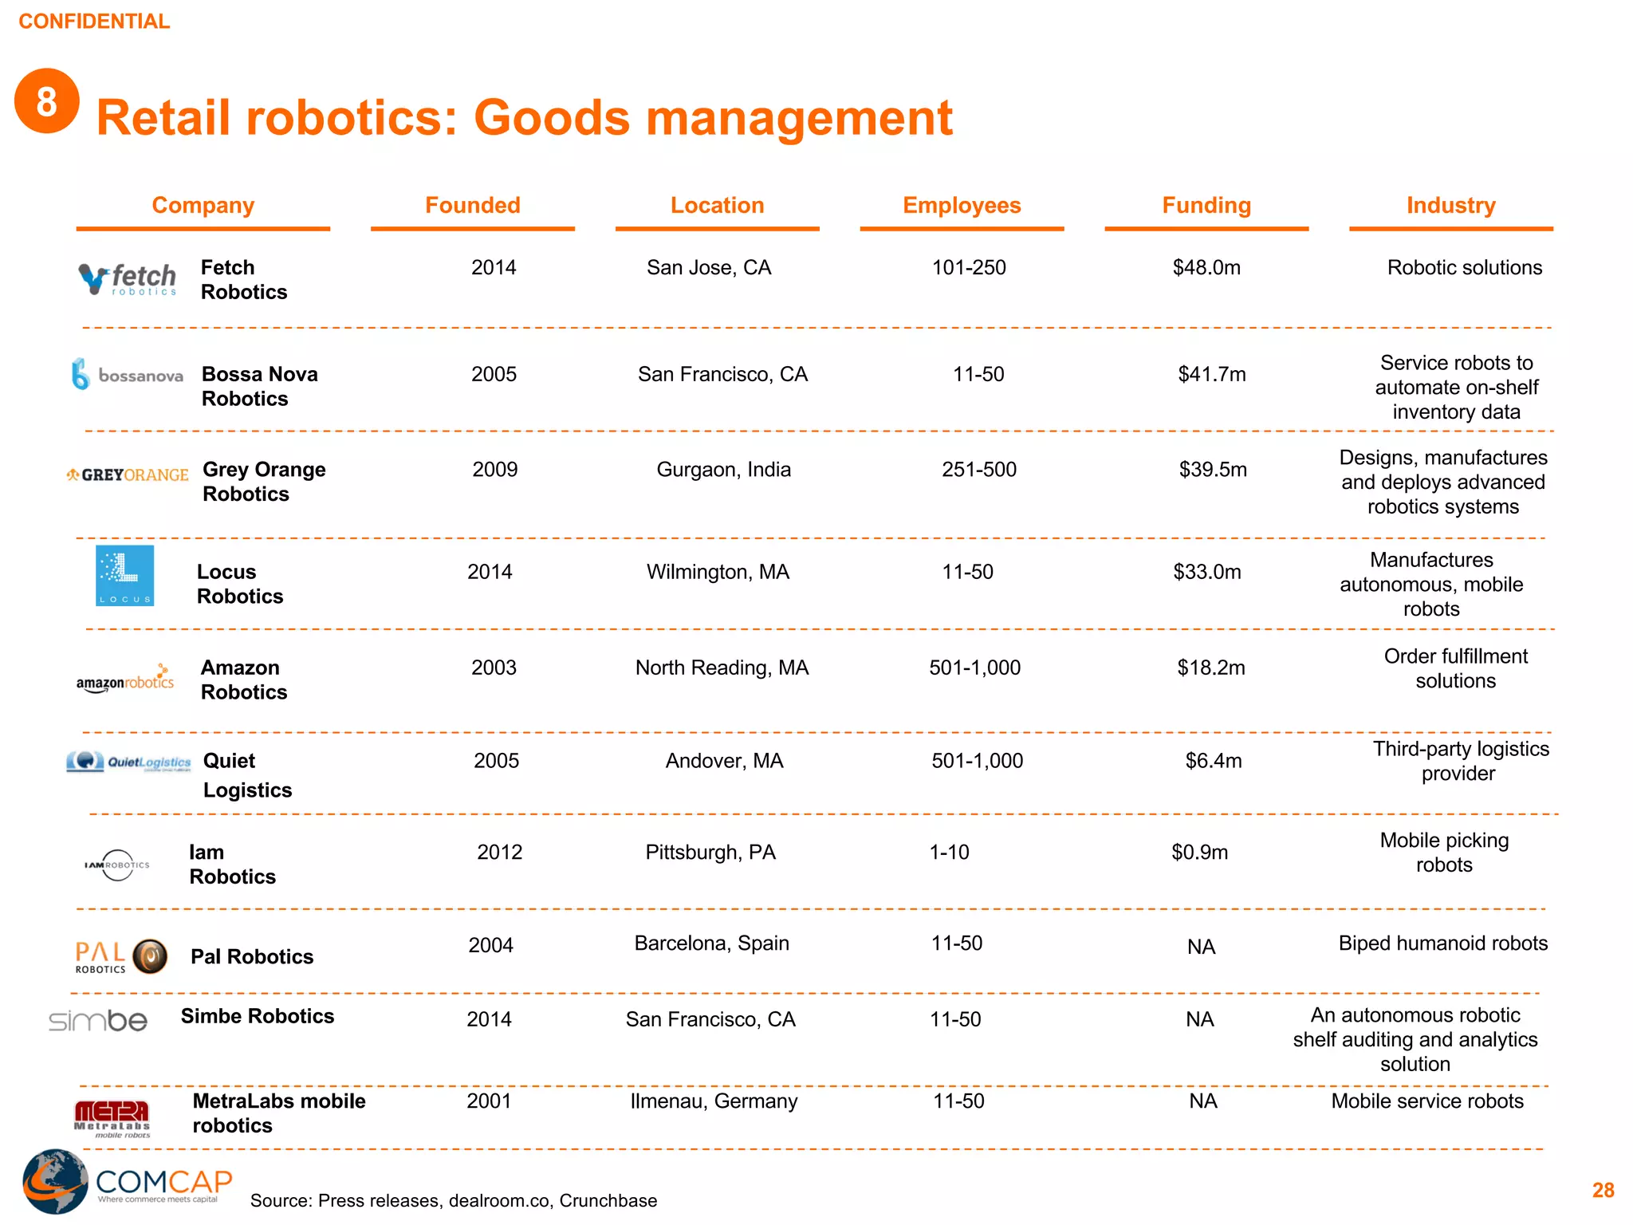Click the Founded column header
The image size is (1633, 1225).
[x=472, y=206]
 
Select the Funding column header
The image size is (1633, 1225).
[x=1206, y=206]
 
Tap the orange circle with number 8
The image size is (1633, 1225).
[x=47, y=101]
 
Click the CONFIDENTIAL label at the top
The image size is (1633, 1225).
[x=94, y=22]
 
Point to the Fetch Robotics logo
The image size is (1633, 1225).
[x=128, y=279]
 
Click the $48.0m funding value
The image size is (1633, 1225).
[x=1206, y=268]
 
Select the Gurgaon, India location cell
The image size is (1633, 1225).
[x=723, y=470]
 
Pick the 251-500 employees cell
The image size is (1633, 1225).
[x=978, y=470]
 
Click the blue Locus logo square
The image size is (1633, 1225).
[x=125, y=576]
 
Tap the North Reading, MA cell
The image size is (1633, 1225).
[x=722, y=668]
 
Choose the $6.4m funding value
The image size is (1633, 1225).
[x=1213, y=762]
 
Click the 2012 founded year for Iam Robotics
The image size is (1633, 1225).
[x=499, y=853]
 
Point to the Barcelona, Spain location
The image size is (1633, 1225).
[x=711, y=943]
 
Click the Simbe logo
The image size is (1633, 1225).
[x=98, y=1021]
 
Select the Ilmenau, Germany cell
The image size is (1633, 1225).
[x=714, y=1101]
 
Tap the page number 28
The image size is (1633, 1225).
[x=1603, y=1191]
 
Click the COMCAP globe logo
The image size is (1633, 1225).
[x=55, y=1181]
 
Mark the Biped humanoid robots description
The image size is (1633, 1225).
[x=1442, y=943]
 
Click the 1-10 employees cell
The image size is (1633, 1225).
[x=949, y=853]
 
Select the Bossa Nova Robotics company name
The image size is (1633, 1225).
[x=260, y=387]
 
